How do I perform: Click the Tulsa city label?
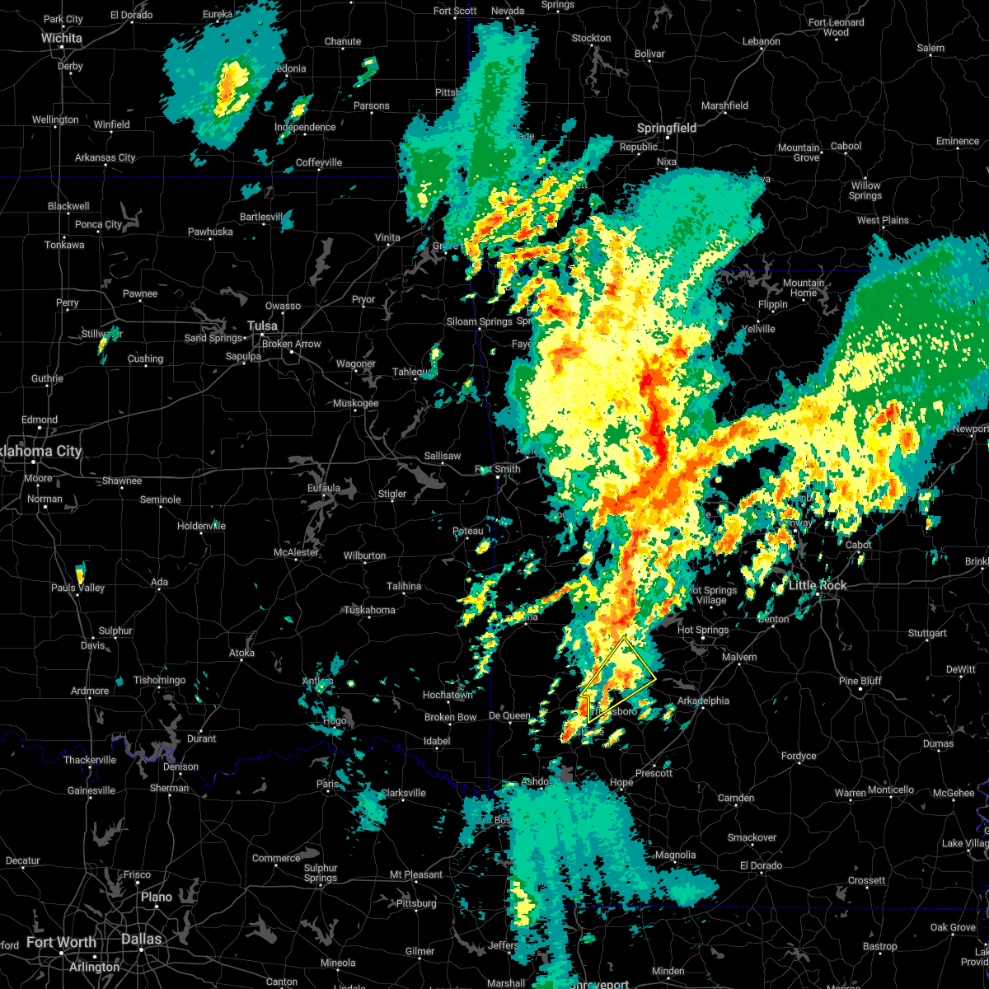click(262, 326)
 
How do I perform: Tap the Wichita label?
click(62, 38)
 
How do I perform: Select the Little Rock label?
click(818, 585)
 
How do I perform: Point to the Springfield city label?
click(667, 128)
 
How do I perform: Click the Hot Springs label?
click(703, 630)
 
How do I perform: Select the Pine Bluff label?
click(860, 681)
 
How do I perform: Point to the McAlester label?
click(296, 553)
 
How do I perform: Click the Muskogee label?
click(355, 404)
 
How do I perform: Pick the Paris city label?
click(329, 785)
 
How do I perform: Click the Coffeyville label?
click(319, 162)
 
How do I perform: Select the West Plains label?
click(883, 220)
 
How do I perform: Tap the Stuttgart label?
click(927, 633)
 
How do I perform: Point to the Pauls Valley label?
click(78, 588)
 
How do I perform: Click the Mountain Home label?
click(804, 288)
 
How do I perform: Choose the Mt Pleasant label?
click(416, 874)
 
